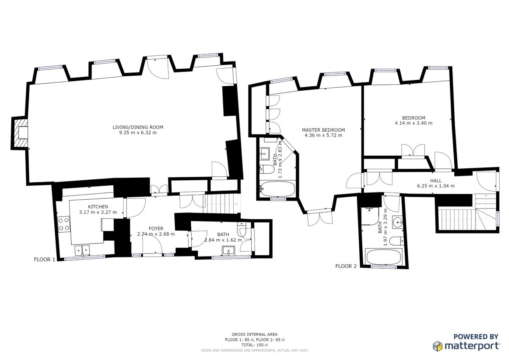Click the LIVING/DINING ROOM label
138,127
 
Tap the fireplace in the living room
20,133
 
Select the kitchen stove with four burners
64,224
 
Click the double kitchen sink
82,250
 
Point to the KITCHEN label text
98,207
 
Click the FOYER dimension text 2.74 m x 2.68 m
156,234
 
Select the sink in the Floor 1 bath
228,251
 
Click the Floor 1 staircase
223,204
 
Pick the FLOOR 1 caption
45,260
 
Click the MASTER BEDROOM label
323,130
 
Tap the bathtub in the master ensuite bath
277,189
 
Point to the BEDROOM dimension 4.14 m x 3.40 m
414,123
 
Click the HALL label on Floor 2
436,181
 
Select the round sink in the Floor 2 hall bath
397,222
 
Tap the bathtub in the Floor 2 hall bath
383,257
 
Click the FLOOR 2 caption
346,266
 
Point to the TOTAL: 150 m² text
255,345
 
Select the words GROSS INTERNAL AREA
255,334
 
